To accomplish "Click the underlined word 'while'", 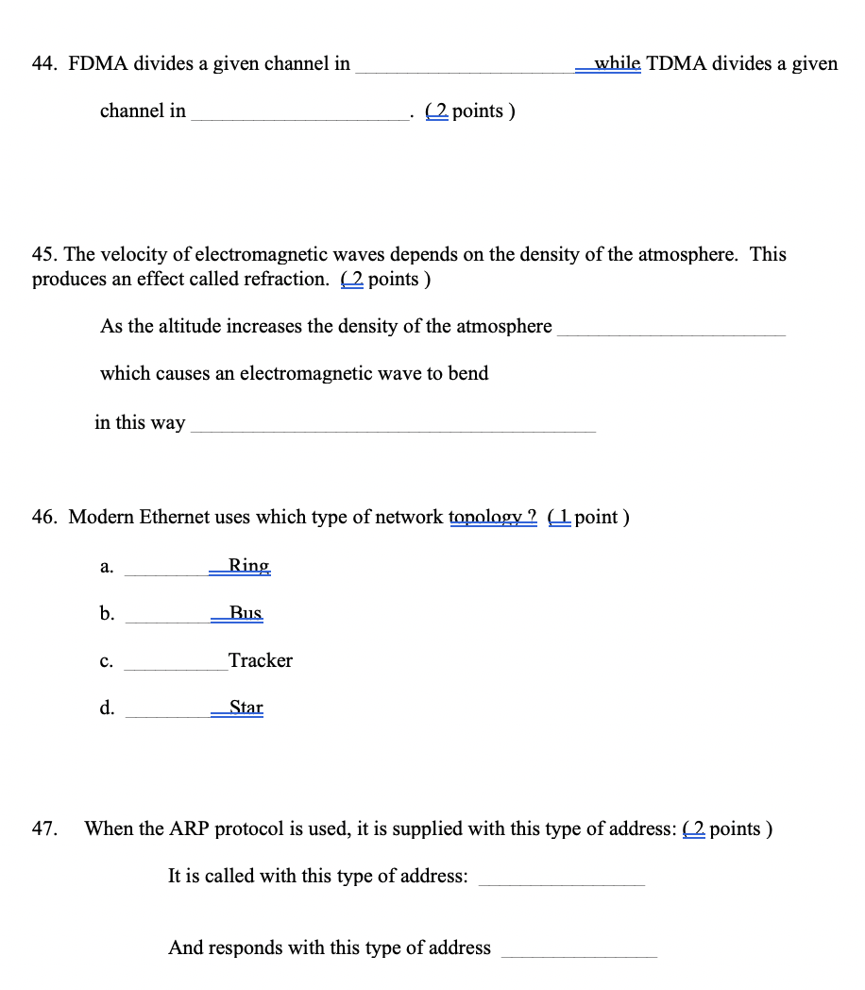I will [617, 63].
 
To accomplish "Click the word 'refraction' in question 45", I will [282, 279].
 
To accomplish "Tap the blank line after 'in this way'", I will [393, 430].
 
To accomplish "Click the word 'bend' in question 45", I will [468, 373].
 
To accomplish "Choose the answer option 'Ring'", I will [249, 566].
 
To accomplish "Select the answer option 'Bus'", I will [246, 613].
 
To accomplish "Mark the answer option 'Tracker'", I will [261, 660].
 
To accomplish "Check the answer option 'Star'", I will [246, 708].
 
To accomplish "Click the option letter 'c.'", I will [107, 661].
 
